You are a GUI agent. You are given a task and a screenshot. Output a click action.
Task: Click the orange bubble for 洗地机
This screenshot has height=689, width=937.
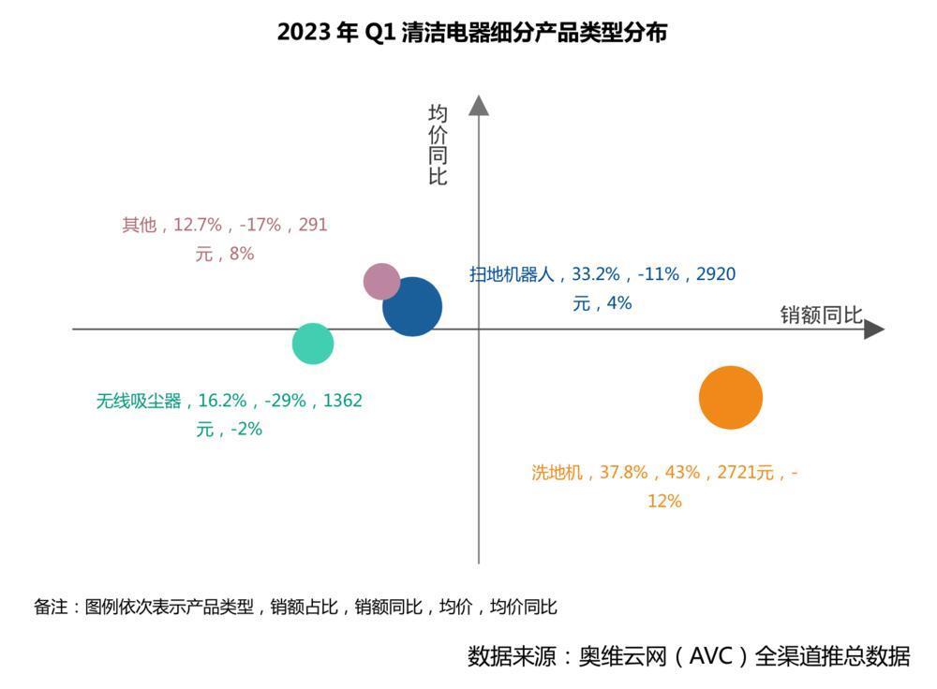[x=731, y=397]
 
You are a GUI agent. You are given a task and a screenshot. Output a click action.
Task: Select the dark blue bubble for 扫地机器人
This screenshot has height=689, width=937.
[x=412, y=307]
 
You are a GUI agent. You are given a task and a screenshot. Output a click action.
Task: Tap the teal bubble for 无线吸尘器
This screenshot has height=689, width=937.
[x=313, y=344]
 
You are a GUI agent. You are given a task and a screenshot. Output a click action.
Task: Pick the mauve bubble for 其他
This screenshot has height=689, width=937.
[x=381, y=281]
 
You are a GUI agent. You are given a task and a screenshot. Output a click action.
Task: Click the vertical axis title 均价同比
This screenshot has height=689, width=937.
[x=438, y=145]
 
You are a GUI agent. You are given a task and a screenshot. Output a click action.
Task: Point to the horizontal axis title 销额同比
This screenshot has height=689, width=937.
[x=821, y=315]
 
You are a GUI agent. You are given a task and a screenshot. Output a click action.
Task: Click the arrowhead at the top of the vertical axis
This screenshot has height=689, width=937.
[x=479, y=105]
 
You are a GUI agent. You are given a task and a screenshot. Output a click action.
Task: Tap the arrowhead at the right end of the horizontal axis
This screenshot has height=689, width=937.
[x=873, y=330]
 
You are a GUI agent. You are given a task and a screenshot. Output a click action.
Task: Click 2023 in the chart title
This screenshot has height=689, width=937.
[x=305, y=33]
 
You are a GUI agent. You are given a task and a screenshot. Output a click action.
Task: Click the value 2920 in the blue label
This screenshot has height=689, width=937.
[x=717, y=274]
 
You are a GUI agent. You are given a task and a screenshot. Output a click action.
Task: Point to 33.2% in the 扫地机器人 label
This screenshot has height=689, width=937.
[x=596, y=274]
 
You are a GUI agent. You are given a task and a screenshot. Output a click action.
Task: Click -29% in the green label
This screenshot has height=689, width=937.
[x=286, y=401]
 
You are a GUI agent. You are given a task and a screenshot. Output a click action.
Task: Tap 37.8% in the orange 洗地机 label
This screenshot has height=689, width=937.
[x=624, y=473]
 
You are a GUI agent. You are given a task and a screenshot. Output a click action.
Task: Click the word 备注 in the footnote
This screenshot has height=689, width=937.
[x=51, y=607]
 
